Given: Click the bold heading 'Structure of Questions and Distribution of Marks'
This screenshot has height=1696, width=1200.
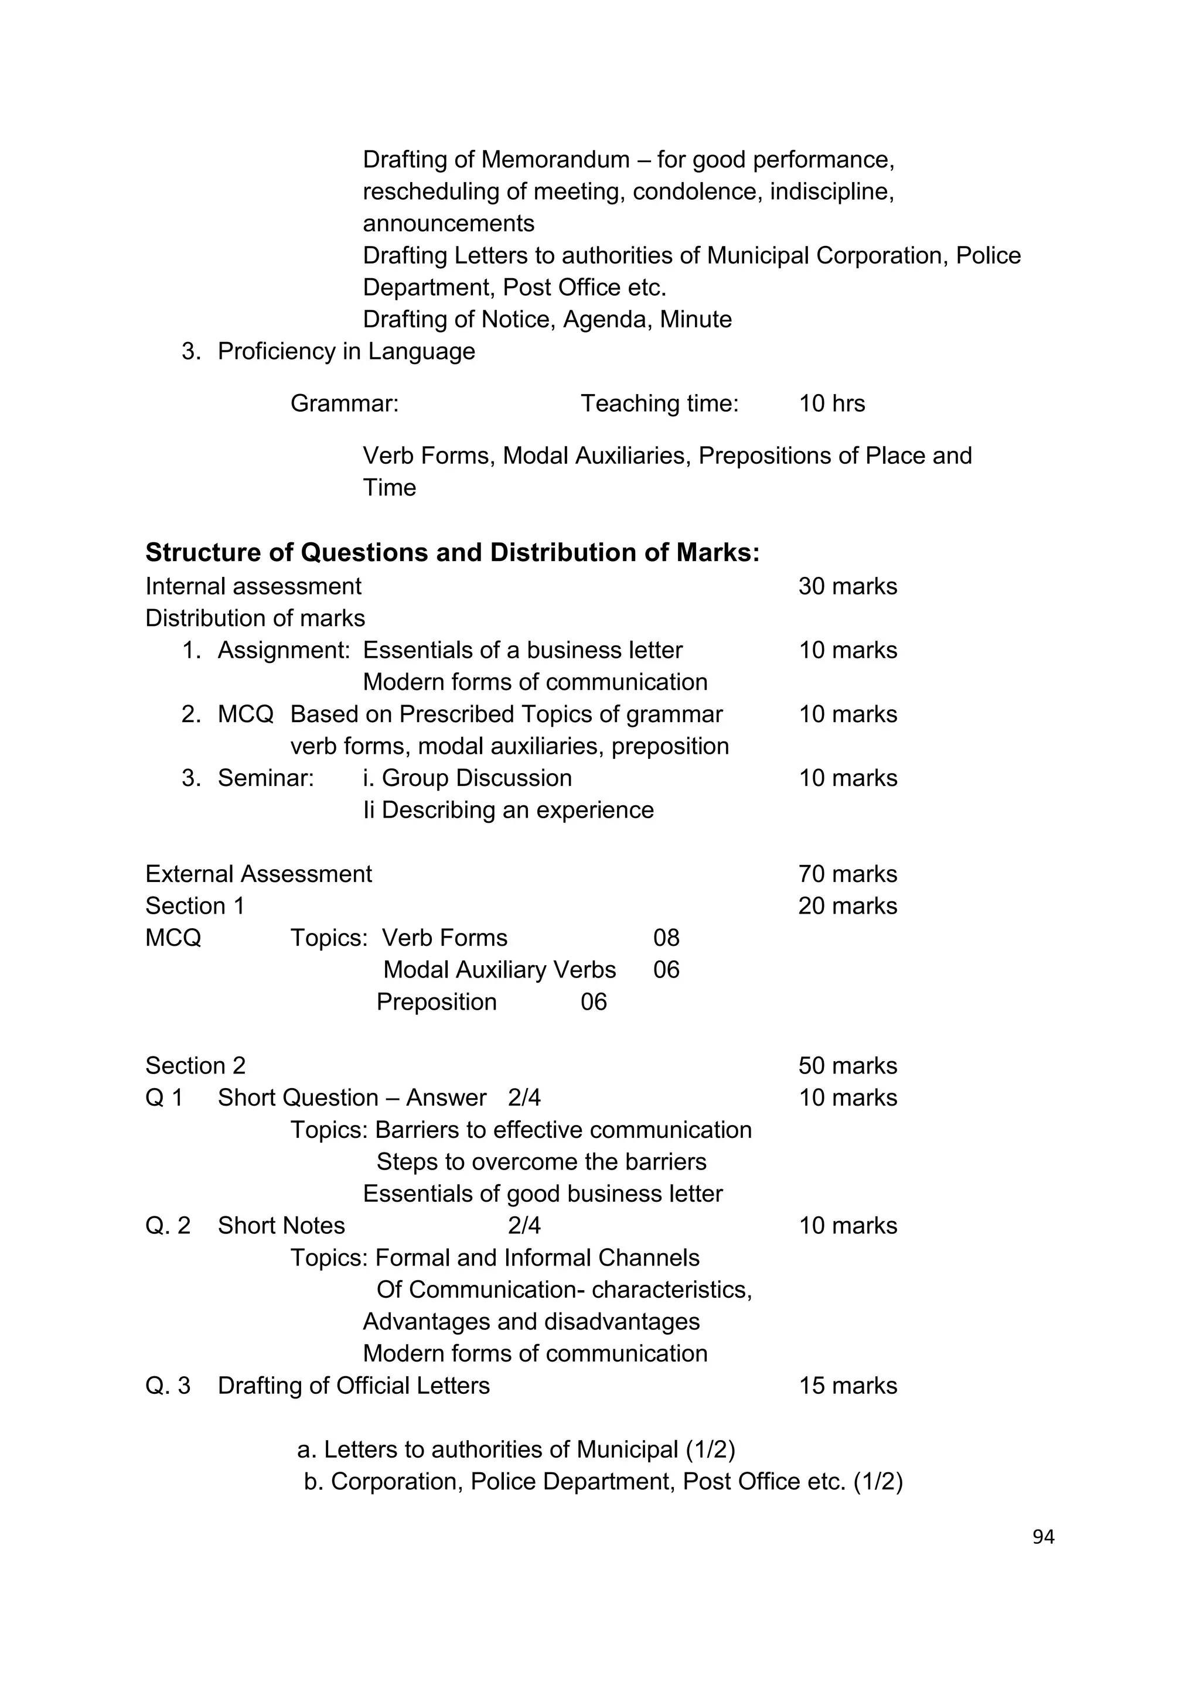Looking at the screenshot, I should (x=452, y=552).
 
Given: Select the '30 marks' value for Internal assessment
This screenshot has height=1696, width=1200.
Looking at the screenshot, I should (x=847, y=586).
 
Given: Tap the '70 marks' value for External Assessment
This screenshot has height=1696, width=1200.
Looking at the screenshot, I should (x=847, y=874).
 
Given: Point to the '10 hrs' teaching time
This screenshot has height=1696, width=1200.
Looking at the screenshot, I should (x=831, y=404).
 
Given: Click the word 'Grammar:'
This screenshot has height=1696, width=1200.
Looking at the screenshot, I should (x=345, y=404).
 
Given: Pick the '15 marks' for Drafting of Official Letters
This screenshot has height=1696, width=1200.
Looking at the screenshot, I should (x=847, y=1386).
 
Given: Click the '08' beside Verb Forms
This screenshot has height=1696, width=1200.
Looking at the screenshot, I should (x=666, y=938).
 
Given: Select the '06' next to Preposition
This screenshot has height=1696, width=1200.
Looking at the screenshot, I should (x=594, y=1003).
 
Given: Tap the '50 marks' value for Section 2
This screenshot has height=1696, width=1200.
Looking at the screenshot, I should (x=847, y=1066).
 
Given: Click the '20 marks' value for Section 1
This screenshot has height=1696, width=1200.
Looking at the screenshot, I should (x=847, y=907).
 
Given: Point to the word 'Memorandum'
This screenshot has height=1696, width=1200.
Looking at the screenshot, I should (x=555, y=159).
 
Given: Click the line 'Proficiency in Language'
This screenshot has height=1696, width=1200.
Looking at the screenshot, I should (x=346, y=351).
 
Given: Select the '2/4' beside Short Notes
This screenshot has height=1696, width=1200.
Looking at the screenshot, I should (x=524, y=1226).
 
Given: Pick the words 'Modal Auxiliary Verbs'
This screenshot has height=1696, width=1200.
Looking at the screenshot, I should (x=499, y=970).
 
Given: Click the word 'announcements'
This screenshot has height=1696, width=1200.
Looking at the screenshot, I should (x=448, y=223).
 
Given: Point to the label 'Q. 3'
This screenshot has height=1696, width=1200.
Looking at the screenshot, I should (x=168, y=1386).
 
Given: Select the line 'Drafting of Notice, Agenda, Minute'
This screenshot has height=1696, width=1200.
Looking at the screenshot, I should (x=547, y=319).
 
